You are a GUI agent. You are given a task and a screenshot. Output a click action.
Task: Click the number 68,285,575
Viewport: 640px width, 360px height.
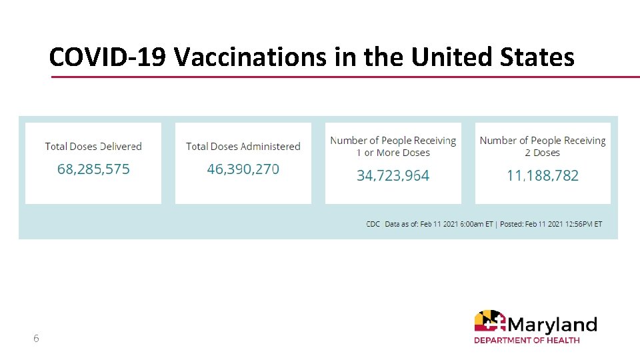93,169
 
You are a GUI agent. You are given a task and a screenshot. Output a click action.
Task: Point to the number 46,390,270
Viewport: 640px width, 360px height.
243,169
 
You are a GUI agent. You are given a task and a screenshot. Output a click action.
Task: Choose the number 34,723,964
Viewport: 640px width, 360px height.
393,176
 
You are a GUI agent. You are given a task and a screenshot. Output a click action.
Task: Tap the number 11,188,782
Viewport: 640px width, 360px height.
543,176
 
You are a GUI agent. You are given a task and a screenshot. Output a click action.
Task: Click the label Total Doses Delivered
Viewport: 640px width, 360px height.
93,147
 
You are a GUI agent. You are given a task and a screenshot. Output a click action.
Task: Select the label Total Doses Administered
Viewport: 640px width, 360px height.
243,147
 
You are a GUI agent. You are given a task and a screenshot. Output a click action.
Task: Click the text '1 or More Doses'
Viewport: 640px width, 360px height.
393,153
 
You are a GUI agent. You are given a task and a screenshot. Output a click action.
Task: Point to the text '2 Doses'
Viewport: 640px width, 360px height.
543,153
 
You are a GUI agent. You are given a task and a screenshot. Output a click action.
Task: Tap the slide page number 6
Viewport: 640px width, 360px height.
36,339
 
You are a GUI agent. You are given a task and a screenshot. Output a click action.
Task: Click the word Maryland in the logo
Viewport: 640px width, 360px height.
552,325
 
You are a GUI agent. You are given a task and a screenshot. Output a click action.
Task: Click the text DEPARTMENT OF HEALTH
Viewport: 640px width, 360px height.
527,340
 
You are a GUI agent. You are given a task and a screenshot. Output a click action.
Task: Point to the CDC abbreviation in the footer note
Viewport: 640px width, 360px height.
373,224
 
